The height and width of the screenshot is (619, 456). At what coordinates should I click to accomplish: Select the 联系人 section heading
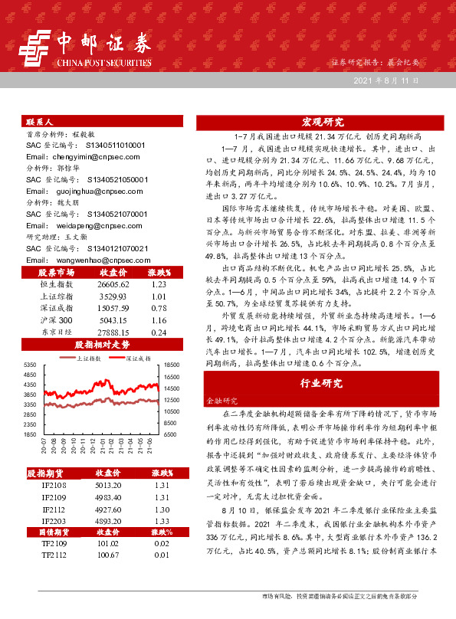point(39,122)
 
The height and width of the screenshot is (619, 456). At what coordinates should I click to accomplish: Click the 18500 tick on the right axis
point(170,365)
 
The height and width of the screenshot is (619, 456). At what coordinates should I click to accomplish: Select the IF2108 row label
point(56,485)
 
